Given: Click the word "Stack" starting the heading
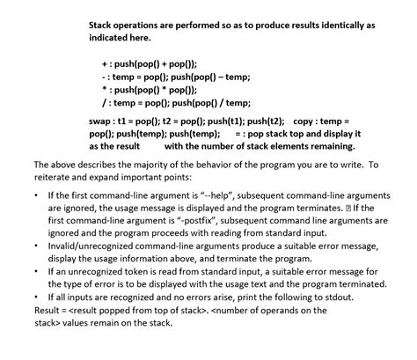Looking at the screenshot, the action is tap(104, 24).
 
